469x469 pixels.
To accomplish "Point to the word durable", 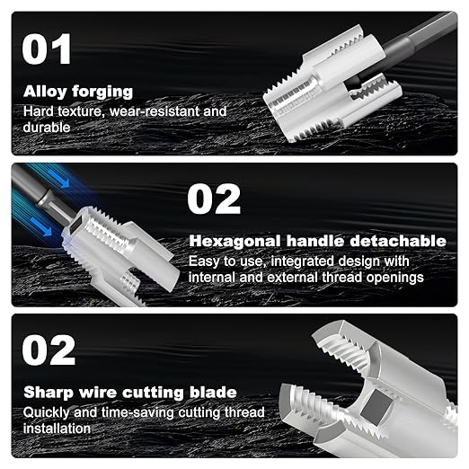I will click(46, 128).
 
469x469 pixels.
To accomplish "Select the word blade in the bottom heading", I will click(215, 393).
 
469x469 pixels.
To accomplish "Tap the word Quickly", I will click(49, 412).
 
